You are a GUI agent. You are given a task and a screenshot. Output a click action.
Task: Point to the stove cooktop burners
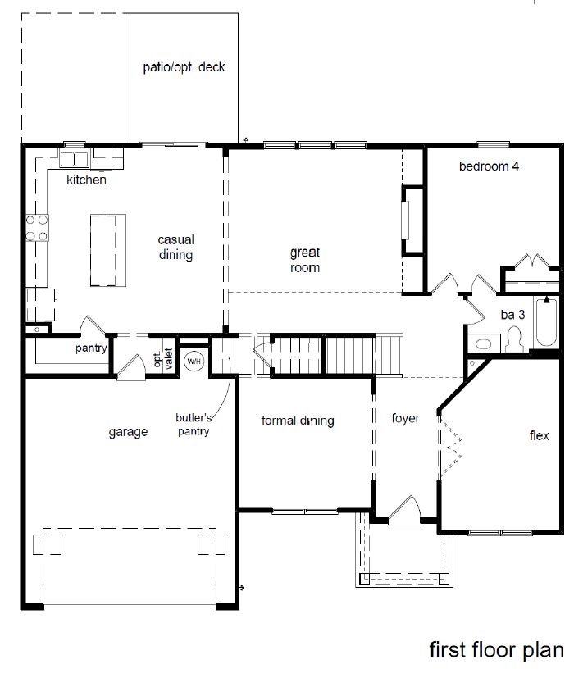click(37, 228)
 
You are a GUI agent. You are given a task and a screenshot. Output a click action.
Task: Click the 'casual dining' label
click(176, 248)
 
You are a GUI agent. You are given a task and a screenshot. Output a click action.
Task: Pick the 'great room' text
click(304, 260)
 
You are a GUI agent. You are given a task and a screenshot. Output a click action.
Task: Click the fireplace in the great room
click(405, 219)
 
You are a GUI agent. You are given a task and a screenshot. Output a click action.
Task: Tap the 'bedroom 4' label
click(489, 166)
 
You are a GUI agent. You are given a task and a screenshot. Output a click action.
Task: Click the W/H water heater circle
click(194, 361)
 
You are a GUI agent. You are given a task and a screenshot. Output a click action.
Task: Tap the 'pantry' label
click(91, 348)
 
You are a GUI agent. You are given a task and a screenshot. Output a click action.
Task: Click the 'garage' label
click(128, 432)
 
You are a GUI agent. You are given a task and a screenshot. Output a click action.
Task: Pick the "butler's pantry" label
click(194, 424)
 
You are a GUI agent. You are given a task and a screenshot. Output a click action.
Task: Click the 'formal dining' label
click(298, 421)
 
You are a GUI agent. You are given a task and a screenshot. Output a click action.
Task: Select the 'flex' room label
click(539, 435)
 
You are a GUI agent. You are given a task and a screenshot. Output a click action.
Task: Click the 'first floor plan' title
click(496, 650)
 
